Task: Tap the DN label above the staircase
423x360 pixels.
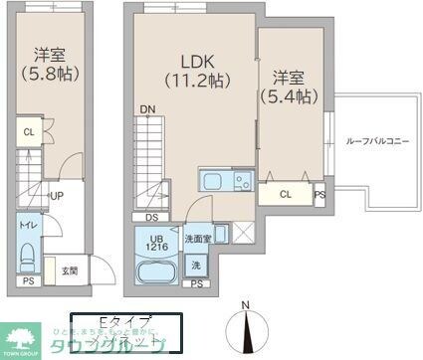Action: pos(147,109)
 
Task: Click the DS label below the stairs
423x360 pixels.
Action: pos(151,216)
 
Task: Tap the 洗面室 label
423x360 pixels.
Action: pos(196,239)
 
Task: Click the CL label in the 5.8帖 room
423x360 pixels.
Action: pos(29,131)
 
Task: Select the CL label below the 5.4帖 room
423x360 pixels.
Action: pos(287,194)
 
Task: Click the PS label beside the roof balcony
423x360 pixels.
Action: pos(319,195)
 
